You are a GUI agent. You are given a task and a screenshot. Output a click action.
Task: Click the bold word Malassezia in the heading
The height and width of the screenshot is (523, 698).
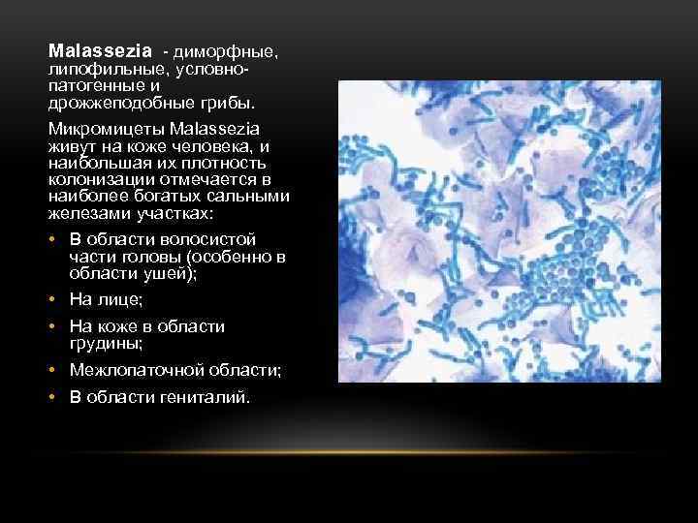click(100, 48)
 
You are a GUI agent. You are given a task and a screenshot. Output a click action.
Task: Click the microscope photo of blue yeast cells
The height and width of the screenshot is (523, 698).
click(498, 231)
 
